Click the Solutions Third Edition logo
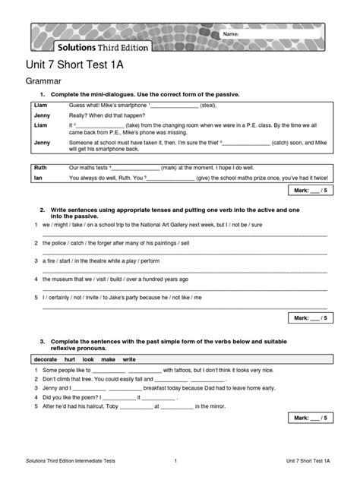102,47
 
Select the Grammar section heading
43,81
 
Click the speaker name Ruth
40,166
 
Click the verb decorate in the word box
46,358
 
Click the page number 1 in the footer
175,461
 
